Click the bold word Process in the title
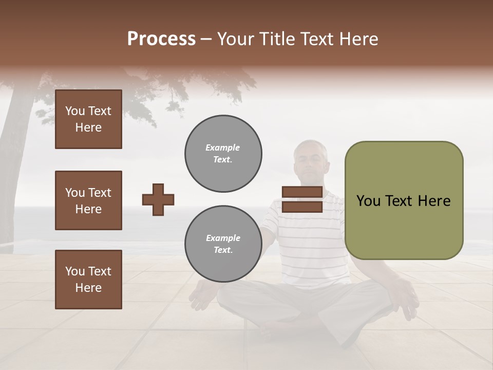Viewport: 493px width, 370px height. (x=161, y=39)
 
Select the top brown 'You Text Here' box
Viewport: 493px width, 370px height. (x=88, y=119)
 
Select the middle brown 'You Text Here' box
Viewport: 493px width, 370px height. (x=88, y=200)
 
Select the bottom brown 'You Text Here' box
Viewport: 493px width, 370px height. (x=88, y=280)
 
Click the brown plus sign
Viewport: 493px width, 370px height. (x=158, y=199)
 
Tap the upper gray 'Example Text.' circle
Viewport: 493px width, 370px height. (x=223, y=154)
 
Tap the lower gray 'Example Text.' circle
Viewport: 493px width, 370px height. (x=223, y=244)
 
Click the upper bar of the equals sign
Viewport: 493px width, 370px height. (x=302, y=192)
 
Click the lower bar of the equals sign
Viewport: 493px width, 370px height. (x=302, y=207)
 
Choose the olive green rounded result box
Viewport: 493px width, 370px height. (x=404, y=200)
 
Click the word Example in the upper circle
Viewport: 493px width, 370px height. (x=222, y=147)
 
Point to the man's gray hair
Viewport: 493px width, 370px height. (x=310, y=148)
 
